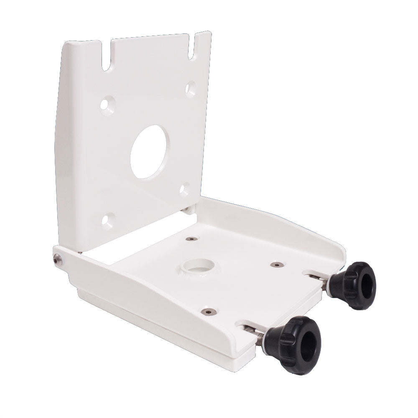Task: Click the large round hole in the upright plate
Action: pos(150,152)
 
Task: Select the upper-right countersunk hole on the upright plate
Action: pos(190,88)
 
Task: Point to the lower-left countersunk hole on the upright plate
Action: pos(108,220)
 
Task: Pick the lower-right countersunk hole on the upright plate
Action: pos(184,189)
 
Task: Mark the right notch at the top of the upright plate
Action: pos(193,47)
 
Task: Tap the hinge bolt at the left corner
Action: pos(57,260)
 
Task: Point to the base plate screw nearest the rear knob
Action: pos(275,265)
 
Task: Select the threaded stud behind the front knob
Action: pos(260,337)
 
